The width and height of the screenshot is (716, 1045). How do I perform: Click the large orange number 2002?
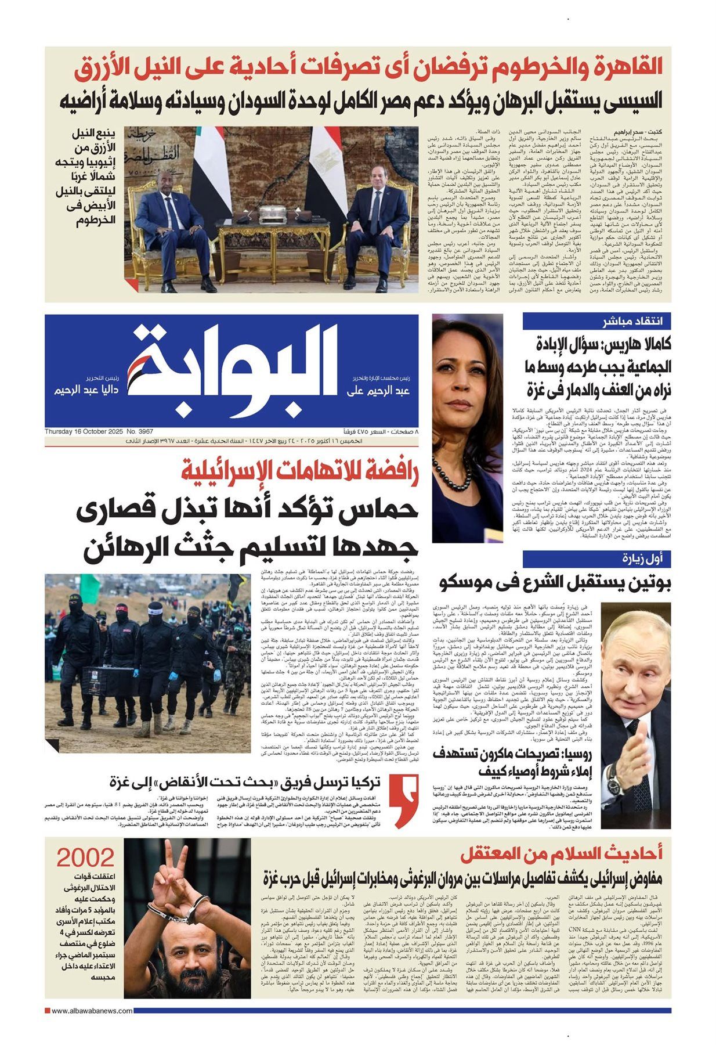tap(85, 856)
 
